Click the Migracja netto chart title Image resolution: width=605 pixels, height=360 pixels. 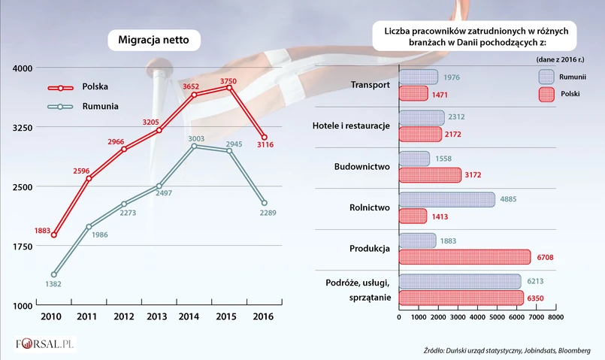tap(154, 40)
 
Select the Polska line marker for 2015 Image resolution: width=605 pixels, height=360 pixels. tap(229, 87)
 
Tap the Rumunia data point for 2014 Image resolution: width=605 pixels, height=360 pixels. tap(194, 146)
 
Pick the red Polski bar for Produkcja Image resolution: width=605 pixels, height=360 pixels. tap(464, 257)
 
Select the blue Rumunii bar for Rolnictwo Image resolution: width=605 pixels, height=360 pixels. tap(446, 199)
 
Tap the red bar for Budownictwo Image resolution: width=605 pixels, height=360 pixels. tap(429, 175)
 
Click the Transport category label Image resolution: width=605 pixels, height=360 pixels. tap(371, 85)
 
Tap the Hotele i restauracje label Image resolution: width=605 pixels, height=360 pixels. tap(351, 125)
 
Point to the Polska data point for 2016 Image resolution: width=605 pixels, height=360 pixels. tap(264, 137)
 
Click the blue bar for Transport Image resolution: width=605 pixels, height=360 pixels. tap(418, 77)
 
